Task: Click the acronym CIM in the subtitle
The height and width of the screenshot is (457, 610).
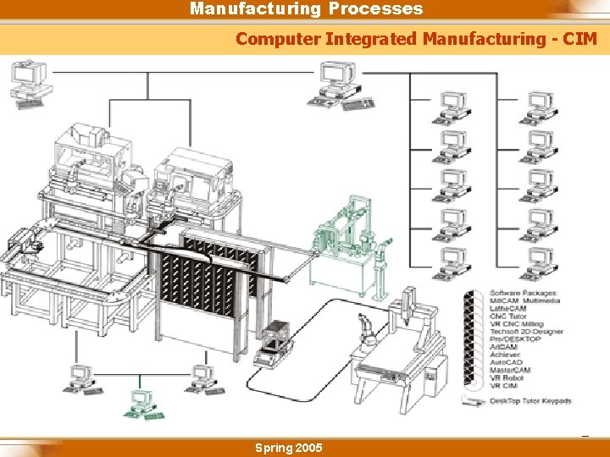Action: click(x=580, y=39)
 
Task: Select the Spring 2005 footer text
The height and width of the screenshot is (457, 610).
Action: click(x=288, y=448)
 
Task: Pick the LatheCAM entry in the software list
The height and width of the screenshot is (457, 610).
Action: click(x=508, y=309)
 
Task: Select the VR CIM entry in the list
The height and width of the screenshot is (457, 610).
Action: click(x=504, y=386)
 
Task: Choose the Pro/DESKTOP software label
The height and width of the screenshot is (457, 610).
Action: click(x=516, y=339)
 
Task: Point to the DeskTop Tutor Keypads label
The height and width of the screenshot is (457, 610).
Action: click(x=530, y=400)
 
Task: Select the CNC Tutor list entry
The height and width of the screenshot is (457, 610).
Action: click(x=508, y=317)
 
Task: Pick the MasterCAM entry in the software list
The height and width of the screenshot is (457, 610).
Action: click(x=511, y=370)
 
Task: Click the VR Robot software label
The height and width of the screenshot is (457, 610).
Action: click(x=507, y=377)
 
